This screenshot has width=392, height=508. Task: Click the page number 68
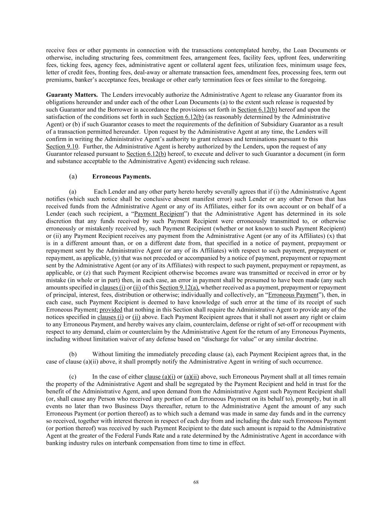tap(196, 482)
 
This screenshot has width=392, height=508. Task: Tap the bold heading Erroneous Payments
tap(122, 176)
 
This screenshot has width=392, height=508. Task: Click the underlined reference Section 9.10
tap(62, 146)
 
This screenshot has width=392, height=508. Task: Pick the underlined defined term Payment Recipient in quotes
tap(159, 214)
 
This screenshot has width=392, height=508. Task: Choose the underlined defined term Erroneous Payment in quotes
tap(293, 295)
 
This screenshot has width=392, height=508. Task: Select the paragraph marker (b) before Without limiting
tap(73, 354)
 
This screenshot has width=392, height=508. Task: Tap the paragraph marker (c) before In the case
tap(73, 376)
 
